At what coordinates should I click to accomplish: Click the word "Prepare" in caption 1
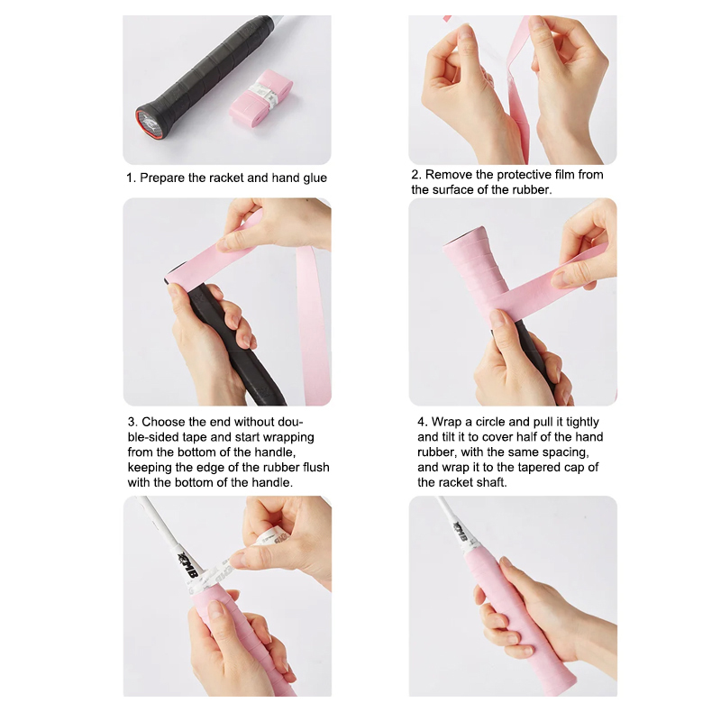162,178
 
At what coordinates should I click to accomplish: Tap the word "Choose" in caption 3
163,422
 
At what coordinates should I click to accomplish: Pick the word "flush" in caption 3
316,467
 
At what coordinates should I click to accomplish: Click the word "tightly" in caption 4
582,423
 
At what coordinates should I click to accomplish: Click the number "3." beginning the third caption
132,422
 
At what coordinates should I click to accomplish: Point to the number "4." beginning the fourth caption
423,422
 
